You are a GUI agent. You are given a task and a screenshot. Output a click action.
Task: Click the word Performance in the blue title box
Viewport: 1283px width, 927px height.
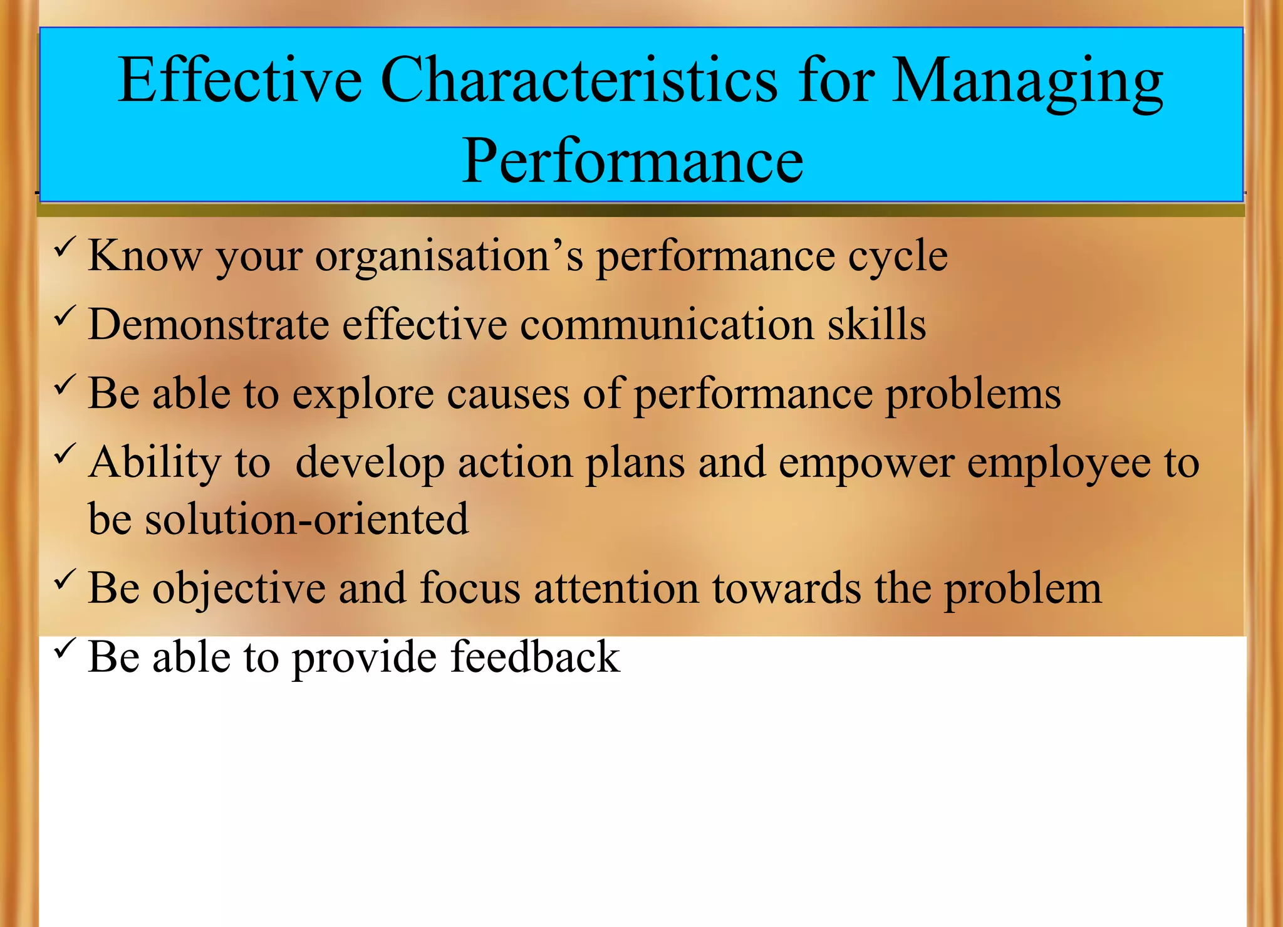coord(632,161)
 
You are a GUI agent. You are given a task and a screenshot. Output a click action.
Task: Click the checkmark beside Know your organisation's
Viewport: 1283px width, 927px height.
coord(65,246)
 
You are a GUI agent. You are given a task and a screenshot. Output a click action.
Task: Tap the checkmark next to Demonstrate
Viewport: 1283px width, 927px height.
coord(65,315)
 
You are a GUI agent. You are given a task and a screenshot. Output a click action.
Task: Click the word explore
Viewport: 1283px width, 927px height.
coord(363,395)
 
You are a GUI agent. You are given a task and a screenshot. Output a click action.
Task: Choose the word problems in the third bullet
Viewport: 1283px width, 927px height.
coord(973,395)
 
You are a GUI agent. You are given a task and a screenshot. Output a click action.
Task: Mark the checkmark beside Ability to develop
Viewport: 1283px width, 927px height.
coord(65,453)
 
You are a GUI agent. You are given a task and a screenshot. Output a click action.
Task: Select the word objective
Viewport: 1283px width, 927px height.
coord(239,590)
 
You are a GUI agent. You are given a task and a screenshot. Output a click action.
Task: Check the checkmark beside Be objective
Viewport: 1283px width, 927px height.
coord(65,579)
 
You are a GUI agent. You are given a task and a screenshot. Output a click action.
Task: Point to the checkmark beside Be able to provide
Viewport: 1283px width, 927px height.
coord(65,647)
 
